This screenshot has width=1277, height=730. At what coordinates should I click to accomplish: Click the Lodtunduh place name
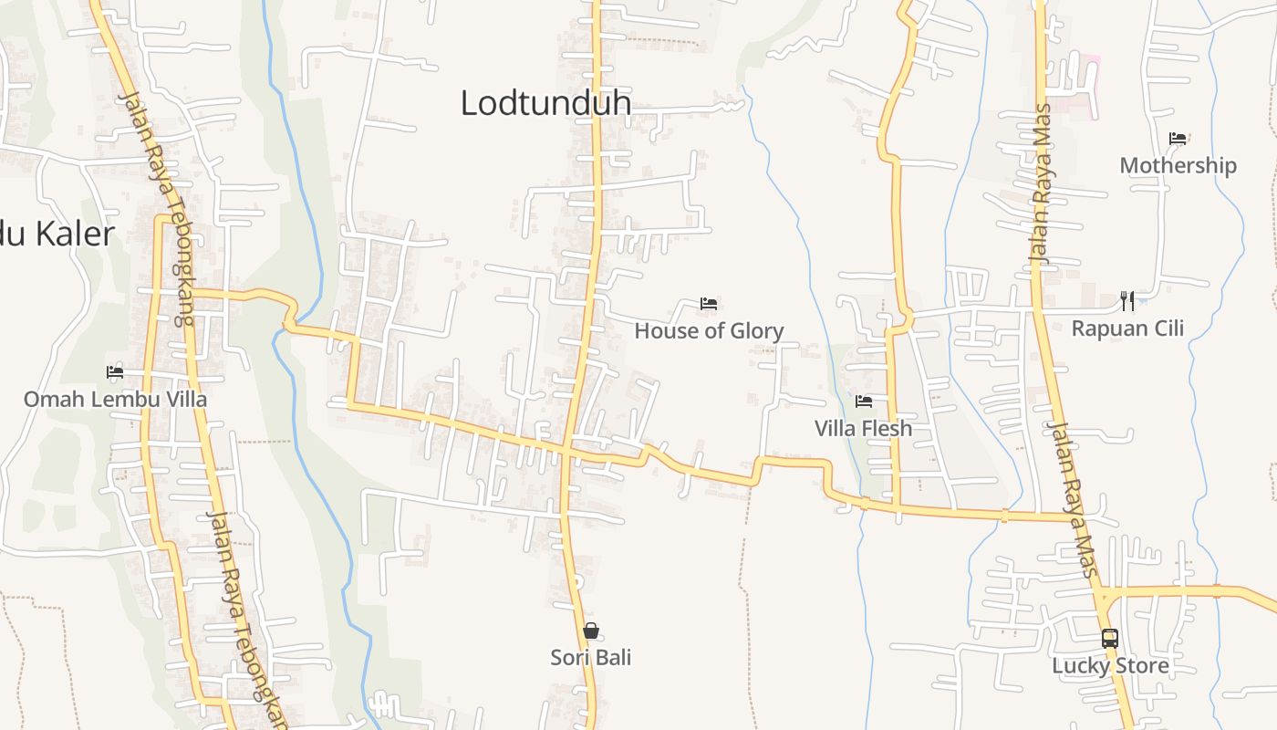point(545,102)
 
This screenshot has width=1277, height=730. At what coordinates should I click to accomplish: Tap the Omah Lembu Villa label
point(115,399)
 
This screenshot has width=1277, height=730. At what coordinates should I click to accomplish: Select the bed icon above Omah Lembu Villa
point(115,372)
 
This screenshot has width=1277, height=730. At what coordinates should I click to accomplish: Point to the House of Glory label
point(709,330)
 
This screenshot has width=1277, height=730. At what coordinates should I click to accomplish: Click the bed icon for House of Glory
point(709,303)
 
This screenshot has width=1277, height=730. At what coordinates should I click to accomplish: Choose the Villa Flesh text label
point(863,428)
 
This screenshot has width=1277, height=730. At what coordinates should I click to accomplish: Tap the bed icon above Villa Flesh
point(863,401)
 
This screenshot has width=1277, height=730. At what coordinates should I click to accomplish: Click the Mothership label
point(1178,165)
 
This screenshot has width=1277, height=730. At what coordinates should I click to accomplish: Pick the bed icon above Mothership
point(1178,139)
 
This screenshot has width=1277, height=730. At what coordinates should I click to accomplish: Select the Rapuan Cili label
point(1127,328)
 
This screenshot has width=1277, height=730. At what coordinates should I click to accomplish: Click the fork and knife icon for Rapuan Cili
point(1127,300)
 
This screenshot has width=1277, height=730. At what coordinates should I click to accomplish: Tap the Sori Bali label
point(590,657)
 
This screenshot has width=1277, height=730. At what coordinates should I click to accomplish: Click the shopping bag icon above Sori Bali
point(590,631)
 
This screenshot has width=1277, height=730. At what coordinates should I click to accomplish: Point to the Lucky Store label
point(1110,665)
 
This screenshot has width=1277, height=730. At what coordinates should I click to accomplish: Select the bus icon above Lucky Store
point(1110,639)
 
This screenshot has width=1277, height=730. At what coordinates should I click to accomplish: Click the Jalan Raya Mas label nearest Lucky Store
point(1072,498)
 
